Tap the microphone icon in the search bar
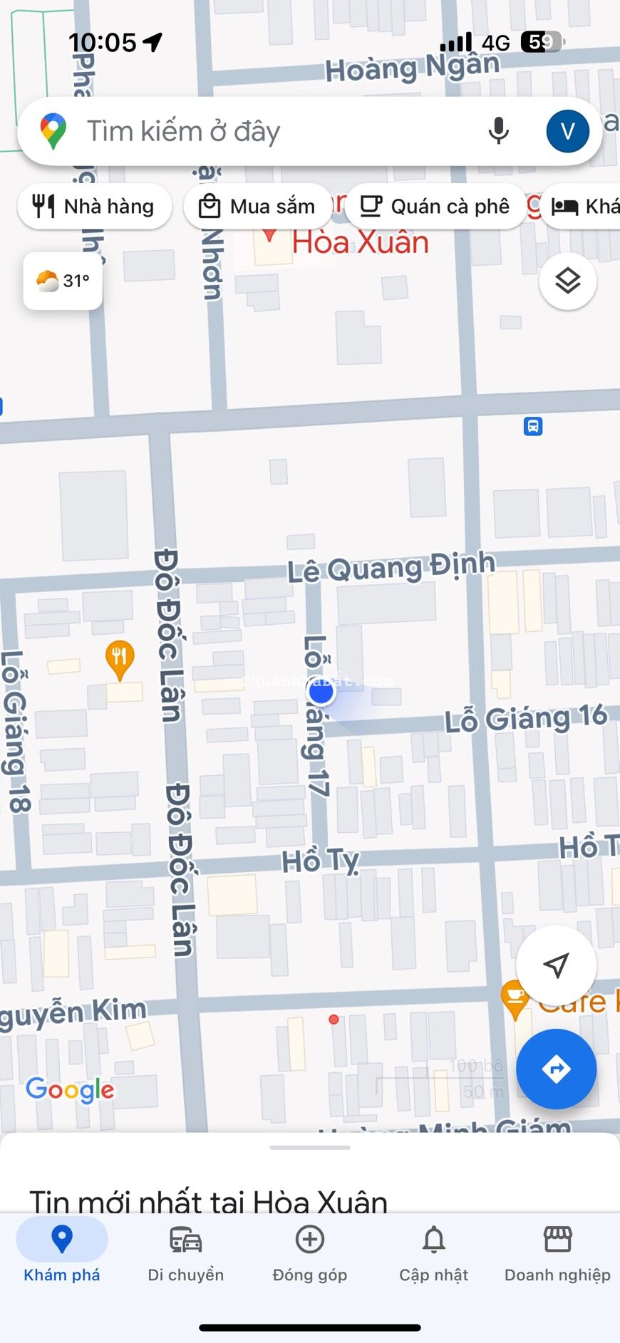pyautogui.click(x=499, y=131)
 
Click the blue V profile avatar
pyautogui.click(x=567, y=131)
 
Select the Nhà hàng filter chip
pyautogui.click(x=94, y=207)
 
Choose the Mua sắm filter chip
pyautogui.click(x=257, y=207)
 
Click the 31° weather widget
pyautogui.click(x=63, y=281)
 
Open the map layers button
pyautogui.click(x=567, y=281)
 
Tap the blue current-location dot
pyautogui.click(x=321, y=691)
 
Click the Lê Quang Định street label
pyautogui.click(x=391, y=568)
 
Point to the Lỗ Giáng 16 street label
pyautogui.click(x=526, y=718)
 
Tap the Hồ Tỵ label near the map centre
pyautogui.click(x=320, y=861)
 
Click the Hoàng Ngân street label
pyautogui.click(x=412, y=68)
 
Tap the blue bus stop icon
pyautogui.click(x=533, y=426)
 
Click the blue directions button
pyautogui.click(x=556, y=1069)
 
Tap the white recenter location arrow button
pyautogui.click(x=556, y=965)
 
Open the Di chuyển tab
pyautogui.click(x=186, y=1254)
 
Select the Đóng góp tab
pyautogui.click(x=310, y=1254)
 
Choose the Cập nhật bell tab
pyautogui.click(x=433, y=1254)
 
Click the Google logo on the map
pyautogui.click(x=70, y=1089)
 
